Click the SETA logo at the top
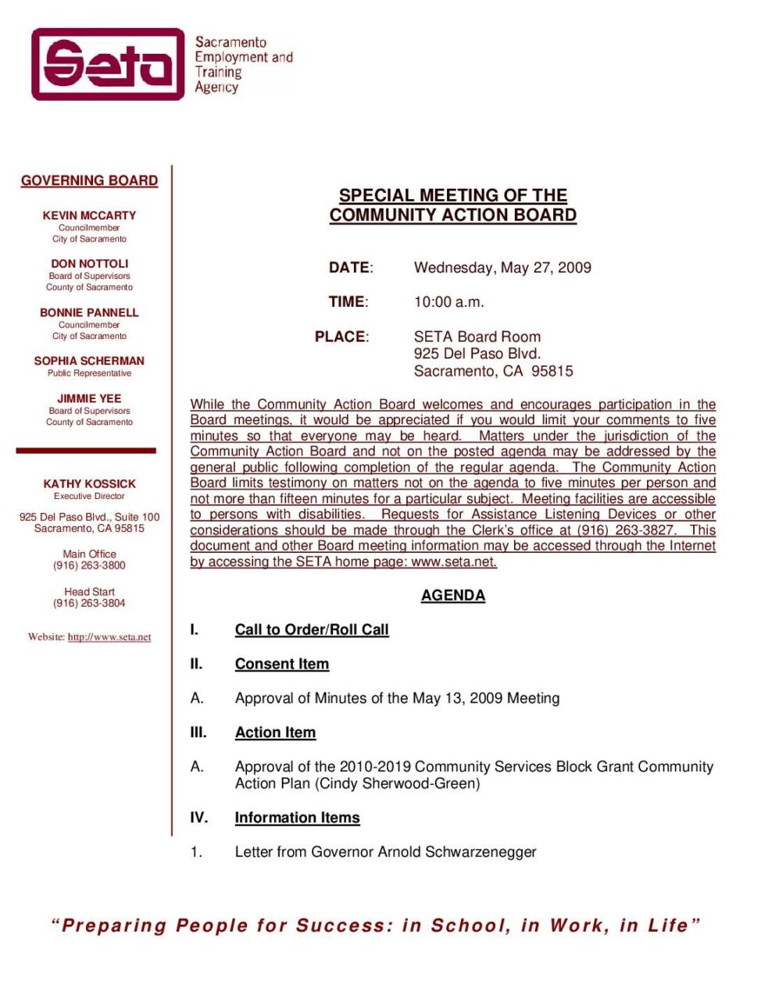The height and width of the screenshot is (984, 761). pos(108,64)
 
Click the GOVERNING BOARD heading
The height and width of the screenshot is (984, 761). pos(89,180)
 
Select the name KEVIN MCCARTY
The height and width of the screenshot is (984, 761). pos(89,216)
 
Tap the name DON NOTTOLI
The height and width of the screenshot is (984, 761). pos(89,264)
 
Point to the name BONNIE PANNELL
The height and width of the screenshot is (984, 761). pos(89,312)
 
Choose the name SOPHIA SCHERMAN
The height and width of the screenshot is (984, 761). pos(89,361)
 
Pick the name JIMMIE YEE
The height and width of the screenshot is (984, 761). pos(89,398)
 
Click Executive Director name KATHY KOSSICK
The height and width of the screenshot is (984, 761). pos(89,484)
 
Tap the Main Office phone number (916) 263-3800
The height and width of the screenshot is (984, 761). pos(89,565)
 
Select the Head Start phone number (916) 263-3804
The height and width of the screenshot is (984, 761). pos(89,603)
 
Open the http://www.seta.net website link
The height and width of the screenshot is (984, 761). pos(109,637)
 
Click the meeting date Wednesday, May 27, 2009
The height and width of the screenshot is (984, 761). pos(502,268)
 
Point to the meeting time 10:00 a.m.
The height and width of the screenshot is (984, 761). pos(448,302)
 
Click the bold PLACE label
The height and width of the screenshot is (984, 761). pos(341,337)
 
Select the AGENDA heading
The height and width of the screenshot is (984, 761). pos(453,596)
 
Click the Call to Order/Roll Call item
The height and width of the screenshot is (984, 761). pos(312,630)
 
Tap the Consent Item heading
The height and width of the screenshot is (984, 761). pos(282,665)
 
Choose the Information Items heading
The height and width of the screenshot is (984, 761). pos(297,818)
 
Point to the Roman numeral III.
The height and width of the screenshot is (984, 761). pos(198,733)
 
